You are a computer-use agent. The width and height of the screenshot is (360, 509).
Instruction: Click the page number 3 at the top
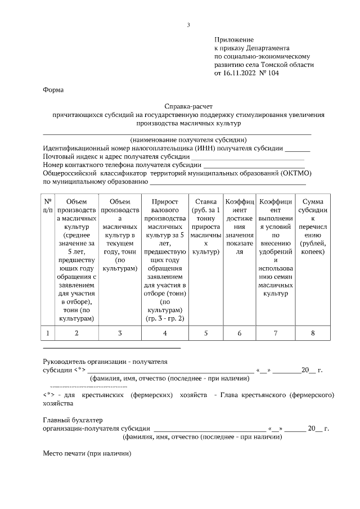coord(188,25)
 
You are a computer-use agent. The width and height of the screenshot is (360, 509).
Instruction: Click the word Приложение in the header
coord(234,40)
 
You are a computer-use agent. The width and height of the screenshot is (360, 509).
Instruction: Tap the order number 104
coord(273,73)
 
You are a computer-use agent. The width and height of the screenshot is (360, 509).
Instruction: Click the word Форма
coord(53,90)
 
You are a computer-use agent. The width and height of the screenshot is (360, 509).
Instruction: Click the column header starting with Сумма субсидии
coord(313,226)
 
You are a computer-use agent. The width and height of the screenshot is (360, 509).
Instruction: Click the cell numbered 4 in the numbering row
coord(165,334)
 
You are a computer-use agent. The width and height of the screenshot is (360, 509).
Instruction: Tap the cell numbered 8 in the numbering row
coord(313,334)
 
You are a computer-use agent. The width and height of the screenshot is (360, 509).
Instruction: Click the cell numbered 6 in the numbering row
coord(240,334)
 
